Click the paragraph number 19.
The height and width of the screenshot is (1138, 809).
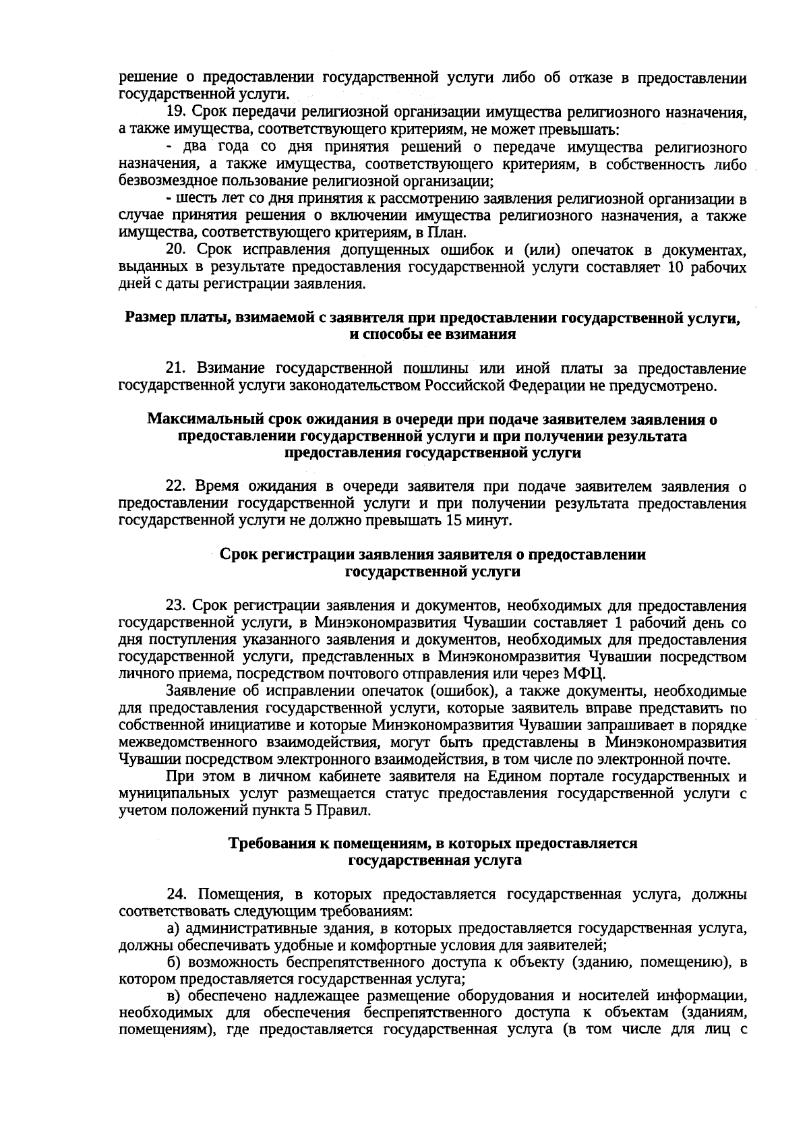(x=175, y=112)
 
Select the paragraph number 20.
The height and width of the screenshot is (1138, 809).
(x=175, y=251)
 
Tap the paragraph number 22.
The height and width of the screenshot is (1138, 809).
(x=175, y=487)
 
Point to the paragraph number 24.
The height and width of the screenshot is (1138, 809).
(x=175, y=895)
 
